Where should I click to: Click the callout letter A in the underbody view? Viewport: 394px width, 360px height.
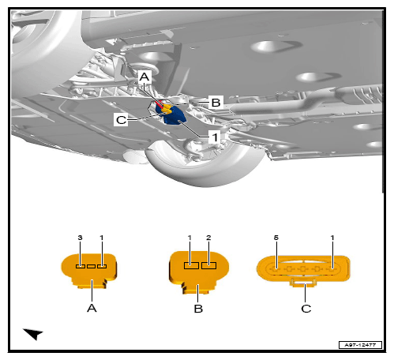[144, 77]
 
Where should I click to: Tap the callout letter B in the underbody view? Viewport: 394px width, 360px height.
[216, 102]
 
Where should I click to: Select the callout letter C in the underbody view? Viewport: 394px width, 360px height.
[121, 120]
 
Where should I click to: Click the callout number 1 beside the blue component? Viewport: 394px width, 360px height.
[215, 137]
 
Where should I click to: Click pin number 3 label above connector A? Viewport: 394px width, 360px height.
[80, 238]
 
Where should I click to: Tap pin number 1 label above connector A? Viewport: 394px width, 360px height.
[102, 238]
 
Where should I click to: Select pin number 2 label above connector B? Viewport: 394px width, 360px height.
[208, 238]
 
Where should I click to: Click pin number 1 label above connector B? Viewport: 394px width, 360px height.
[189, 238]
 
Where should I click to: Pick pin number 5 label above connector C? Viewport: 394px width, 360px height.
[276, 238]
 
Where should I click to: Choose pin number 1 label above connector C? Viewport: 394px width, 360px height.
[332, 238]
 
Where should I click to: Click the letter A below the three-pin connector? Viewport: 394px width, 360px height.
[92, 308]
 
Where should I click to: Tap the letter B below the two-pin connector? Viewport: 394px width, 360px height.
[198, 309]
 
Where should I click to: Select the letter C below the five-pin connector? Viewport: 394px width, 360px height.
[306, 309]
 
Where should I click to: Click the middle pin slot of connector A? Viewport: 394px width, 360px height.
[91, 266]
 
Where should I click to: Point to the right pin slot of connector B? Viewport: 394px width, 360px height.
[208, 265]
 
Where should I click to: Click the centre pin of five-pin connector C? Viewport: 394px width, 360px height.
[303, 269]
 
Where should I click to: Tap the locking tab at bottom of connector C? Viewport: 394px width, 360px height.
[303, 283]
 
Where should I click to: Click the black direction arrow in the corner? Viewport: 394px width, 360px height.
[33, 334]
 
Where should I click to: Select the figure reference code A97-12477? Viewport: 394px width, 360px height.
[360, 345]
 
